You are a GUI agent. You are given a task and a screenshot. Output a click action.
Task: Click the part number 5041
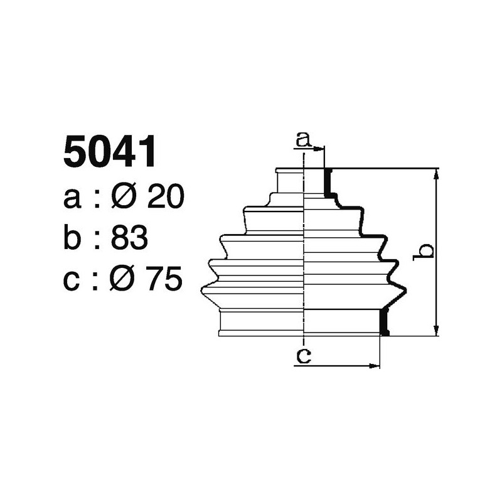pyautogui.click(x=109, y=152)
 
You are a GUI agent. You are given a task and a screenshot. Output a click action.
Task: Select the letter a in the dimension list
pyautogui.click(x=73, y=198)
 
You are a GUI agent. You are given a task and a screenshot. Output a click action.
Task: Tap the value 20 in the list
pyautogui.click(x=165, y=198)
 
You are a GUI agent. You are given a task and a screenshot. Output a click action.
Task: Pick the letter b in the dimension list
pyautogui.click(x=73, y=238)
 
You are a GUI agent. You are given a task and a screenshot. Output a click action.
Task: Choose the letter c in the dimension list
pyautogui.click(x=73, y=279)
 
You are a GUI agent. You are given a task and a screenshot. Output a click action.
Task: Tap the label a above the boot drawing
pyautogui.click(x=303, y=139)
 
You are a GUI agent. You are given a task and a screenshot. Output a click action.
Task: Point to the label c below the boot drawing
pyautogui.click(x=303, y=356)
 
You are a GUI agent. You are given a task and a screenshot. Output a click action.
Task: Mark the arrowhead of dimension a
pyautogui.click(x=321, y=149)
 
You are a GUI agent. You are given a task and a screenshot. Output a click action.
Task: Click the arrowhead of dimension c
pyautogui.click(x=376, y=365)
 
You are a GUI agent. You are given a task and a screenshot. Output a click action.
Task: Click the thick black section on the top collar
pyautogui.click(x=328, y=183)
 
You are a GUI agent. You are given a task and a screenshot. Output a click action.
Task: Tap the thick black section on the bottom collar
pyautogui.click(x=385, y=321)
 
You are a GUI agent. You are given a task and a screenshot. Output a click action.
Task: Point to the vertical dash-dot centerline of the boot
pyautogui.click(x=304, y=251)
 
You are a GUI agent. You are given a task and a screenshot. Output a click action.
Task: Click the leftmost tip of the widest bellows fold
pyautogui.click(x=202, y=288)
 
